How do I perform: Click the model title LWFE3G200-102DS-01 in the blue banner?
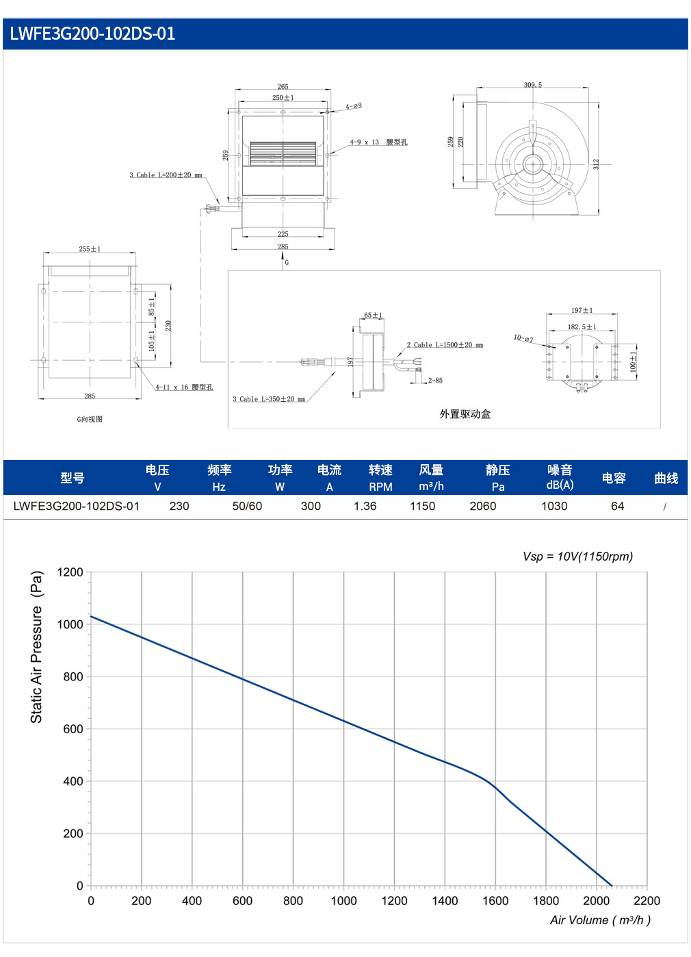tap(92, 34)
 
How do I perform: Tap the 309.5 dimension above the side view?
tap(532, 85)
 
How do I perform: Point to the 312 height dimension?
tap(596, 164)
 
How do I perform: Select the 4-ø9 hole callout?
tap(354, 105)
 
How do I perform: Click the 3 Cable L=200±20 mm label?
tap(166, 175)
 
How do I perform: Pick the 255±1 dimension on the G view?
tap(90, 248)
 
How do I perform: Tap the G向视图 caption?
tap(90, 419)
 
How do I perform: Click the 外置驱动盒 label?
tap(465, 413)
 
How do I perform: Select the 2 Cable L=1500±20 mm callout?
tap(445, 345)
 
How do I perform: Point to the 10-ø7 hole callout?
tap(523, 338)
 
